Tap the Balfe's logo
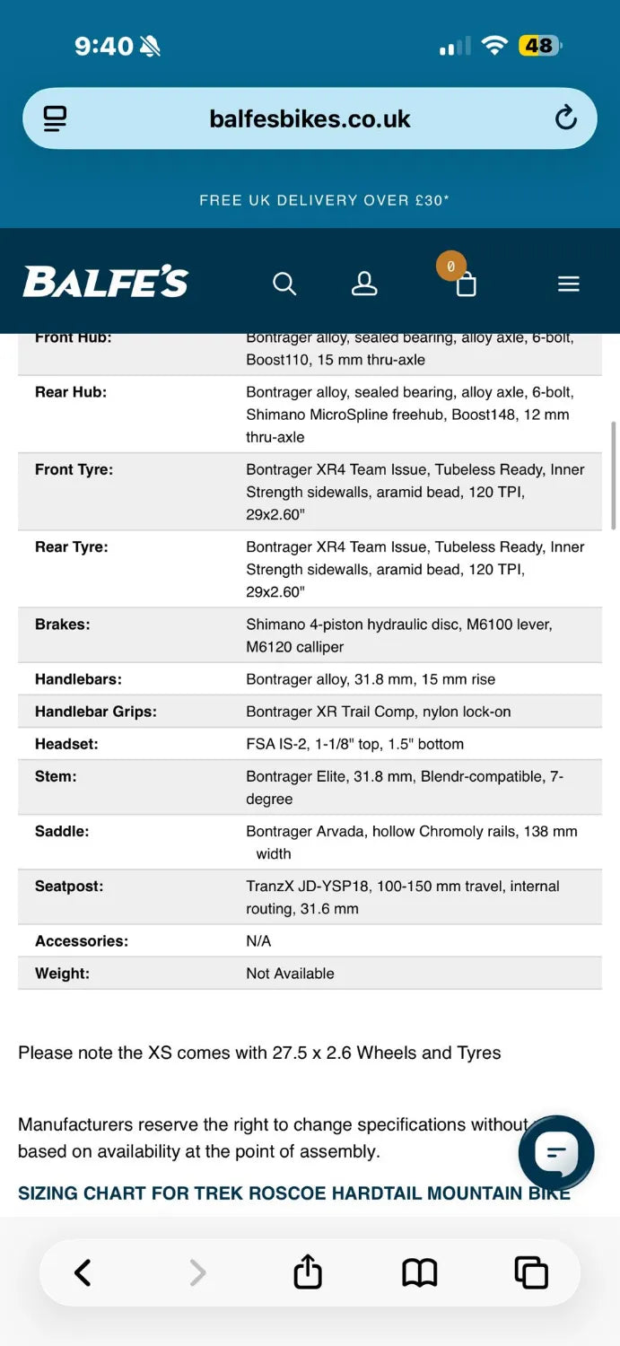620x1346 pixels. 106,282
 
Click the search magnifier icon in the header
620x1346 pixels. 284,284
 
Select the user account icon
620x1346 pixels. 364,284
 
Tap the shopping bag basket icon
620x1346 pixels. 466,284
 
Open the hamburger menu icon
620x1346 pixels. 569,284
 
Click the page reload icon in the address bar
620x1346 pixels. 565,118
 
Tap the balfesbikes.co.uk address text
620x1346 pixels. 310,118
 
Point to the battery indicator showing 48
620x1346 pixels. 539,46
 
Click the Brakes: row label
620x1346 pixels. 63,625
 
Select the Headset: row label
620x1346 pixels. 66,744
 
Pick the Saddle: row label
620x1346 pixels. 62,832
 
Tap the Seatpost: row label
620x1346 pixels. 69,887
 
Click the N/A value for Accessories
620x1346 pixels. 258,941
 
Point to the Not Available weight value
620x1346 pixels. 290,974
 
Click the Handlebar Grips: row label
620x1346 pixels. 95,712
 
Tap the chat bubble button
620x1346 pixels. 556,1152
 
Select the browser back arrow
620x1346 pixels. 83,1272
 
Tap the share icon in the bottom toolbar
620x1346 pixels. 308,1272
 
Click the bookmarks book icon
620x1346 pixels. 419,1272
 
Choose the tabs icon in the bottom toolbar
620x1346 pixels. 530,1272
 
